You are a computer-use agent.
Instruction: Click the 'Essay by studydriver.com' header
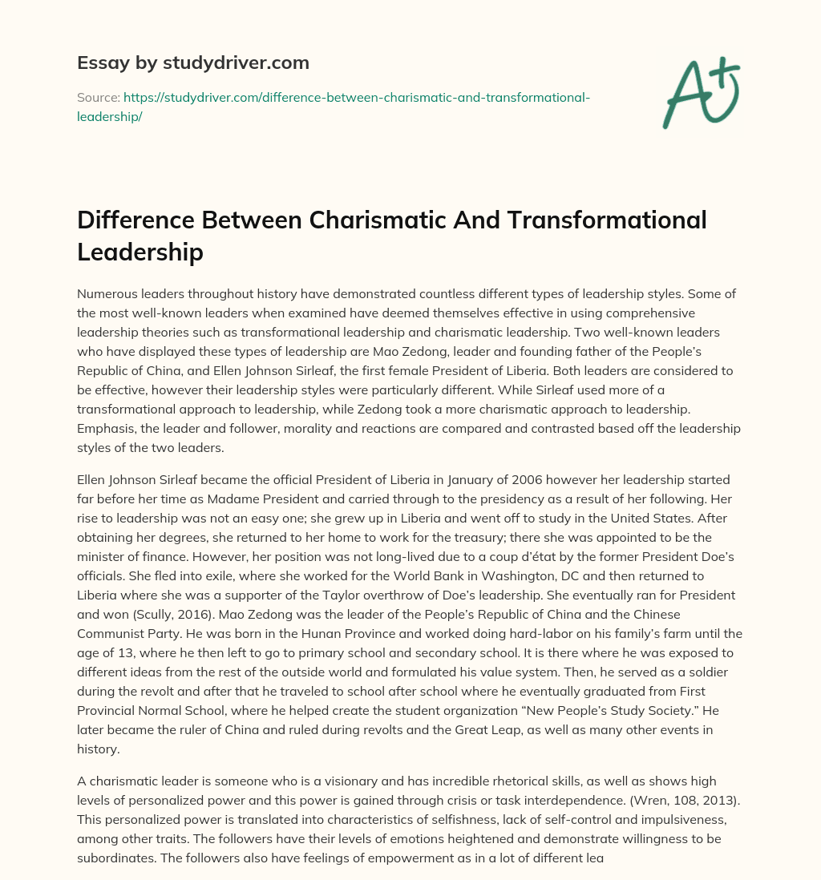[x=192, y=63]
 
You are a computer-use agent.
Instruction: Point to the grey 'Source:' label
[x=98, y=98]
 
